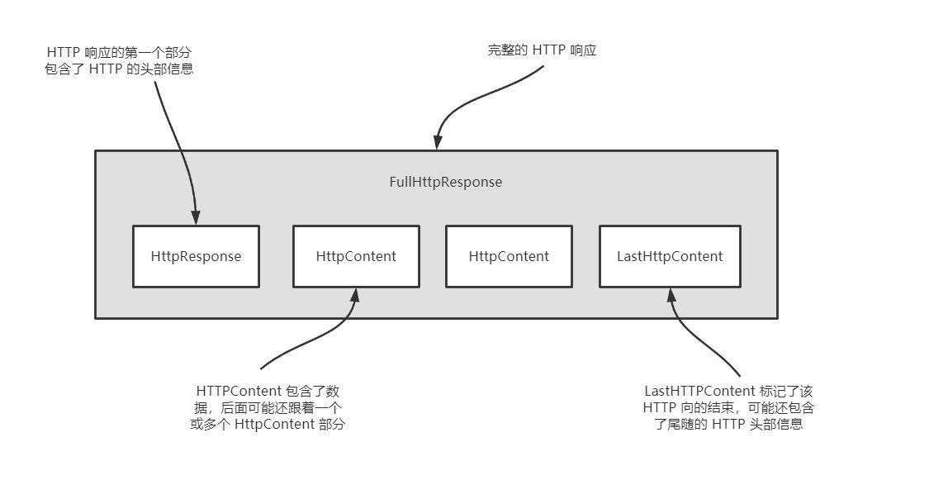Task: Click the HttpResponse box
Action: pos(196,256)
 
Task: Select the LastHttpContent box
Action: pos(670,256)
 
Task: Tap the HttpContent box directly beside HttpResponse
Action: pos(356,256)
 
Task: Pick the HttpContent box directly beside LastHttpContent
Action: pos(509,256)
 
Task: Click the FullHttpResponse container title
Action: pos(445,182)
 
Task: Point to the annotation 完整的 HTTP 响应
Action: pos(542,50)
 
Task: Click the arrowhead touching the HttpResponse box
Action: pos(196,217)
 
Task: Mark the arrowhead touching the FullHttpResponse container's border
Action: pos(438,143)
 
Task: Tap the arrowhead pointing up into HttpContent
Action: pos(356,295)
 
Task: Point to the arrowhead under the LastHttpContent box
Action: pos(671,295)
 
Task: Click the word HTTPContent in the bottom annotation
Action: pos(239,391)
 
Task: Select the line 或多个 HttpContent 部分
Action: pos(268,425)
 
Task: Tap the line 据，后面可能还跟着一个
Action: pos(268,408)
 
